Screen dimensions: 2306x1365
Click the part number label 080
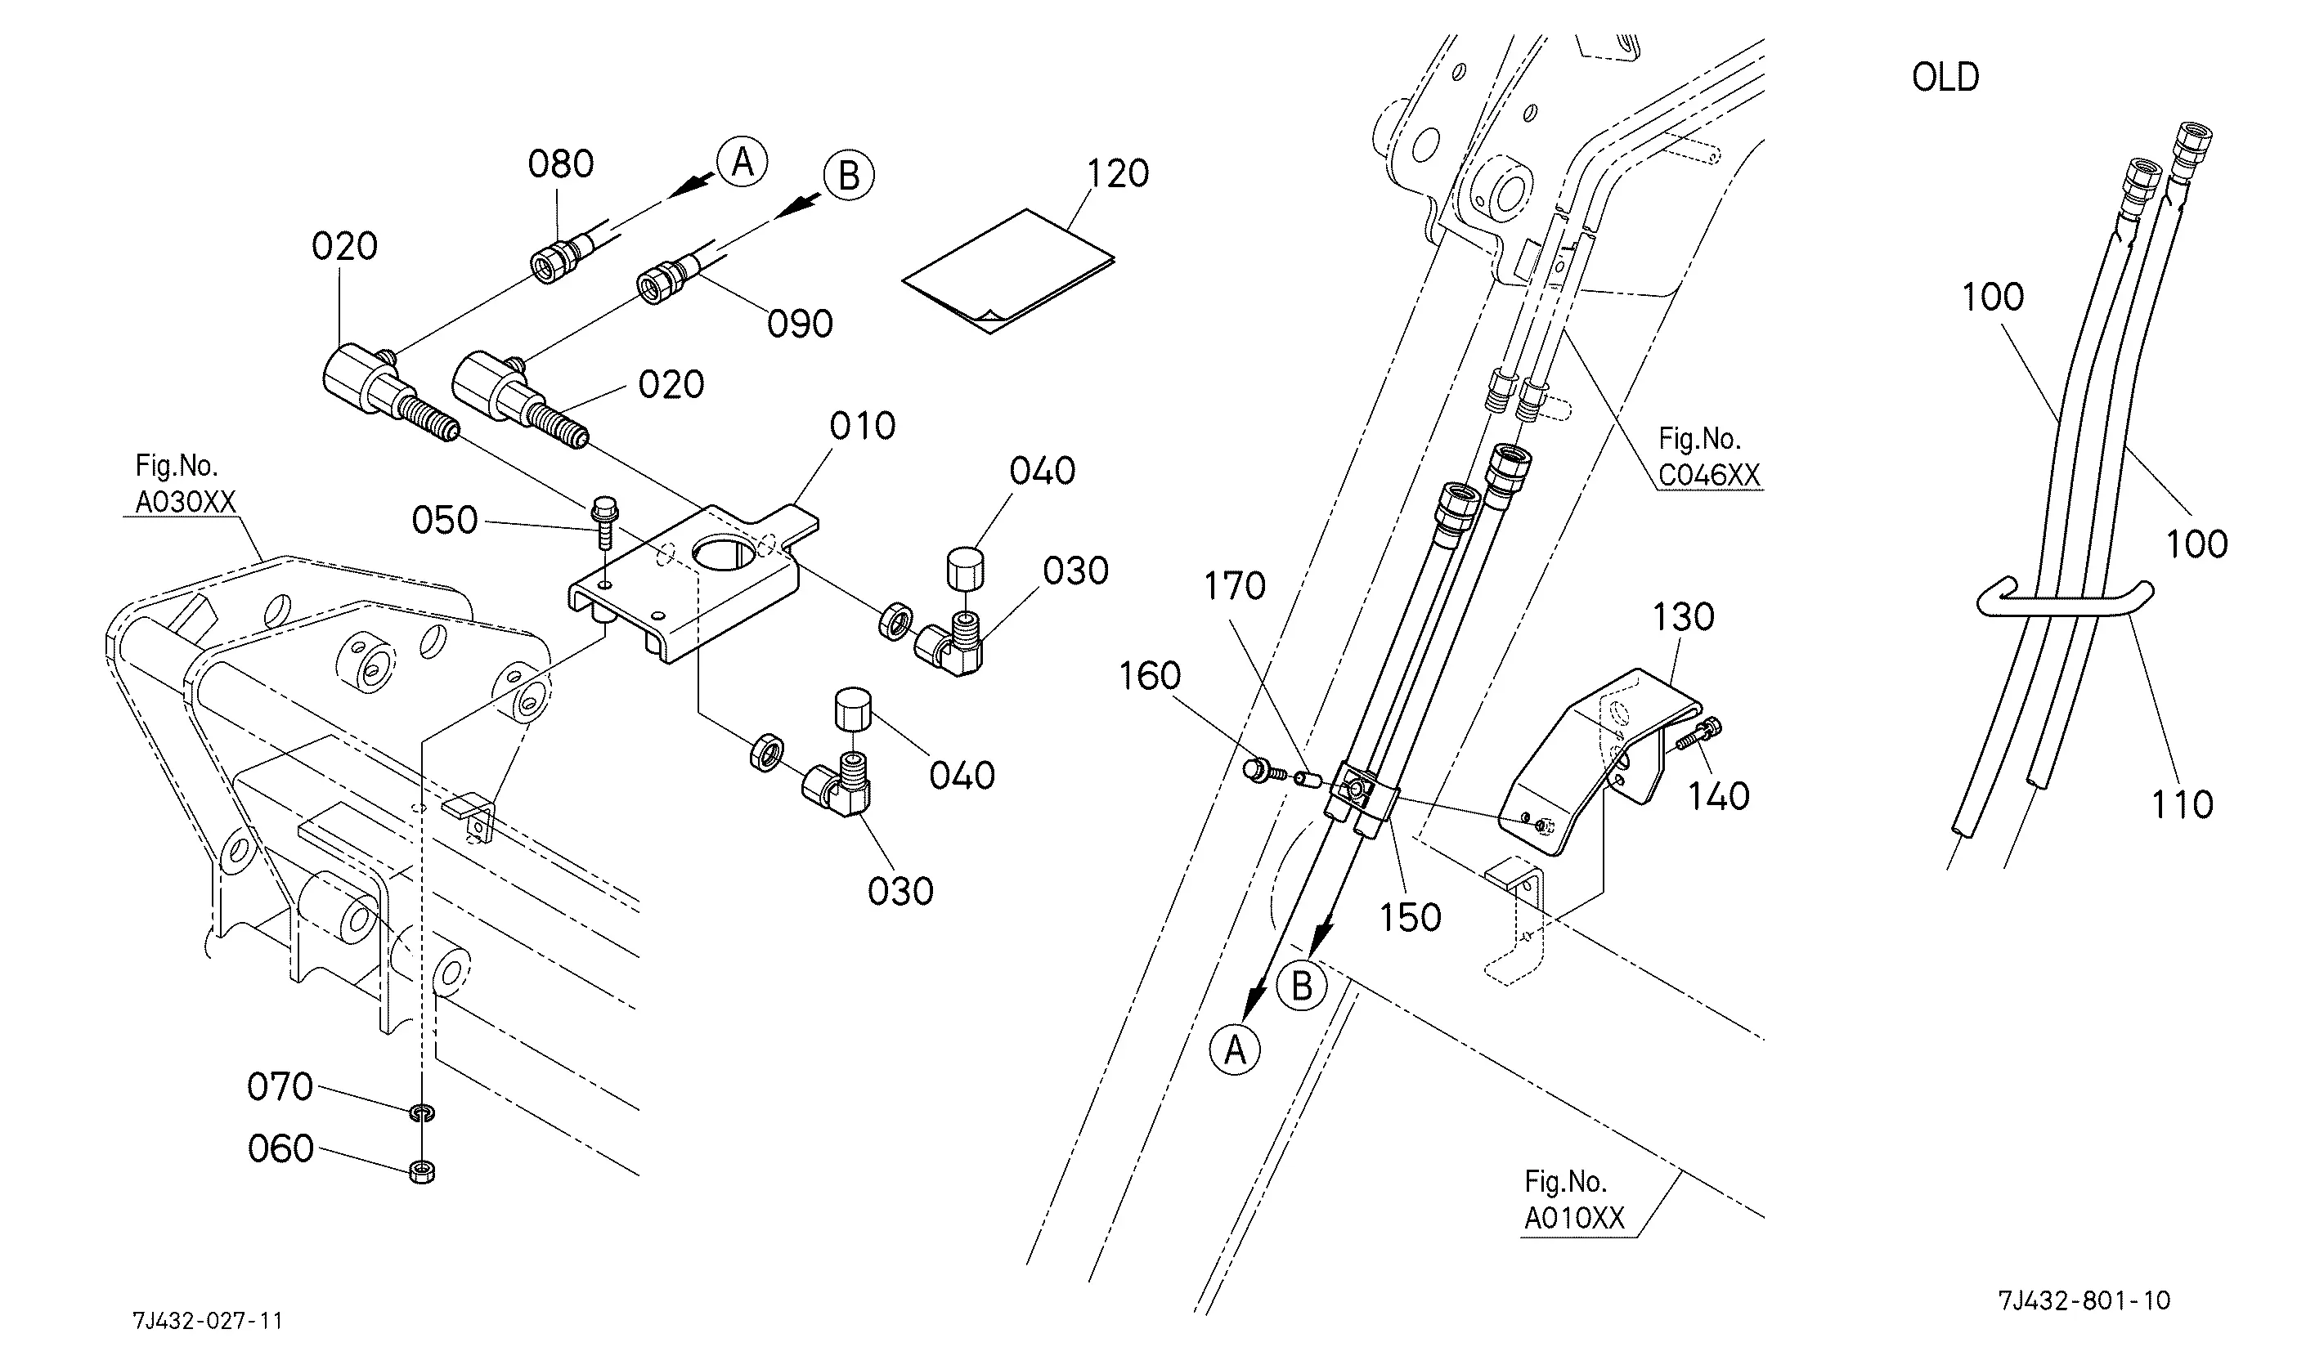pos(560,164)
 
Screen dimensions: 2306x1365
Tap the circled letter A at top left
pos(742,163)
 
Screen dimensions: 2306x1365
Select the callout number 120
pos(1118,174)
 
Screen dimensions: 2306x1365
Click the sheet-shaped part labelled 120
pos(1007,271)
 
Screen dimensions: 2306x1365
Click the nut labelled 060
pos(423,1171)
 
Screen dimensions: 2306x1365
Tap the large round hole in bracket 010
pos(727,556)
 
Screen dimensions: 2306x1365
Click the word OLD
pos(1945,78)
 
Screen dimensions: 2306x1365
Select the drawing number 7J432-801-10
pos(2084,1300)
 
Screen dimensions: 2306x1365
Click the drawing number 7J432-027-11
pos(208,1321)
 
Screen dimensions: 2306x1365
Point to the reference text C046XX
pos(1709,475)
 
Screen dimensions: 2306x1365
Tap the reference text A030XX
pos(186,502)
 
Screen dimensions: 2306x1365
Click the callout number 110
pos(2182,805)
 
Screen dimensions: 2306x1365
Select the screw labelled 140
pos(1698,733)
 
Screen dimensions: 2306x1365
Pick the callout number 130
pos(1683,617)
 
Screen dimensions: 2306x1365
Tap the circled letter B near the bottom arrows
pos(1302,986)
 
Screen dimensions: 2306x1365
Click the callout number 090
pos(800,324)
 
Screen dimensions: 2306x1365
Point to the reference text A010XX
pos(1574,1218)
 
